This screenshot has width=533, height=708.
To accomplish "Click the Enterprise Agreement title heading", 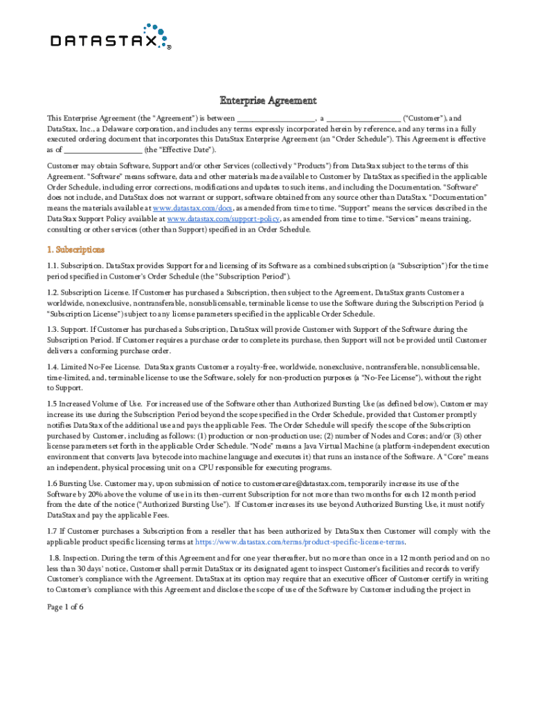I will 268,101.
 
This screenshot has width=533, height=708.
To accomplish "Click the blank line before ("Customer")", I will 363,118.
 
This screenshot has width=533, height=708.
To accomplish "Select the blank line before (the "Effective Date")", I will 103,149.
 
